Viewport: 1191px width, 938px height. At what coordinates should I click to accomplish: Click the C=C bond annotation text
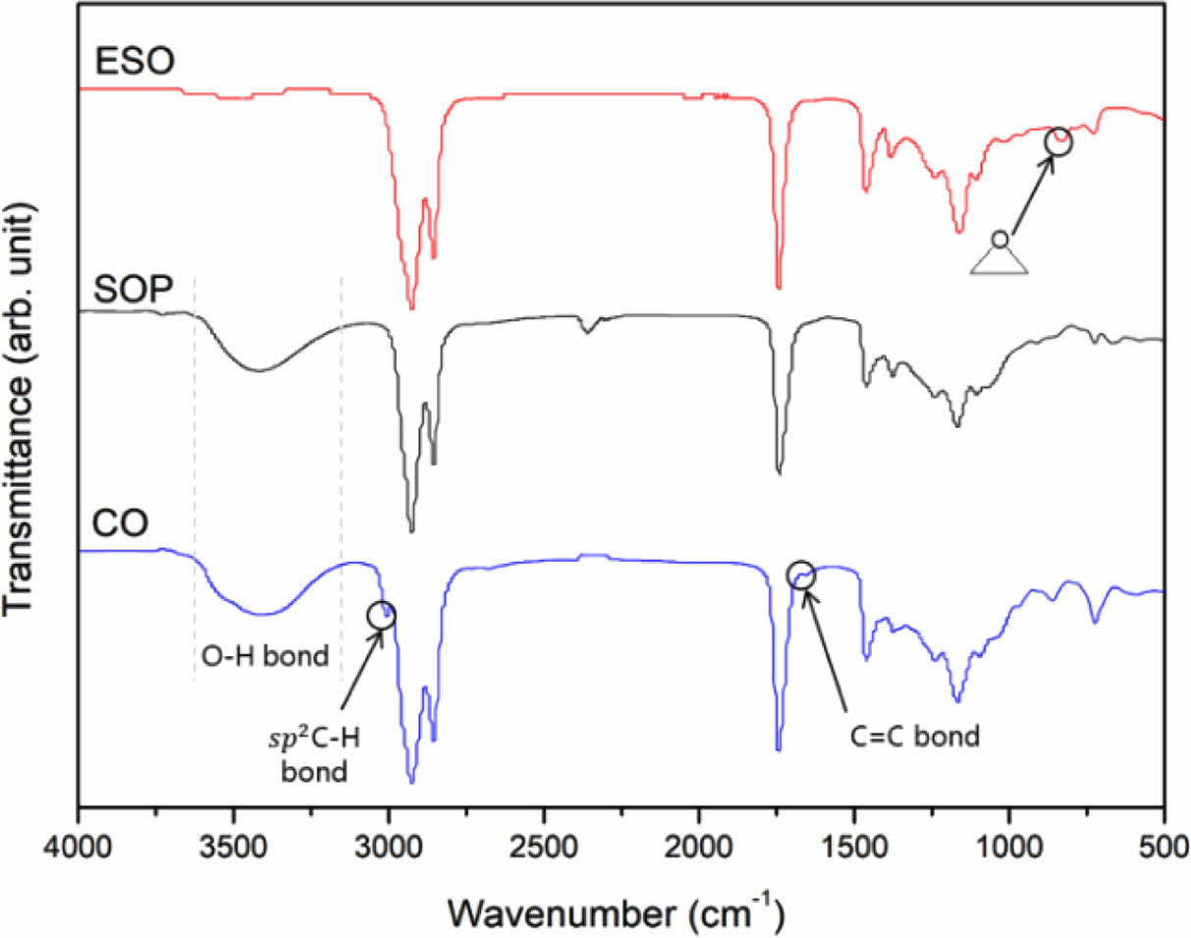[x=914, y=735]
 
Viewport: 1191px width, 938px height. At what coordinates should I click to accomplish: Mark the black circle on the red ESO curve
[x=1058, y=141]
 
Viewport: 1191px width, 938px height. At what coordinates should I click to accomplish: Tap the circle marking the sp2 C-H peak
[x=381, y=615]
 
